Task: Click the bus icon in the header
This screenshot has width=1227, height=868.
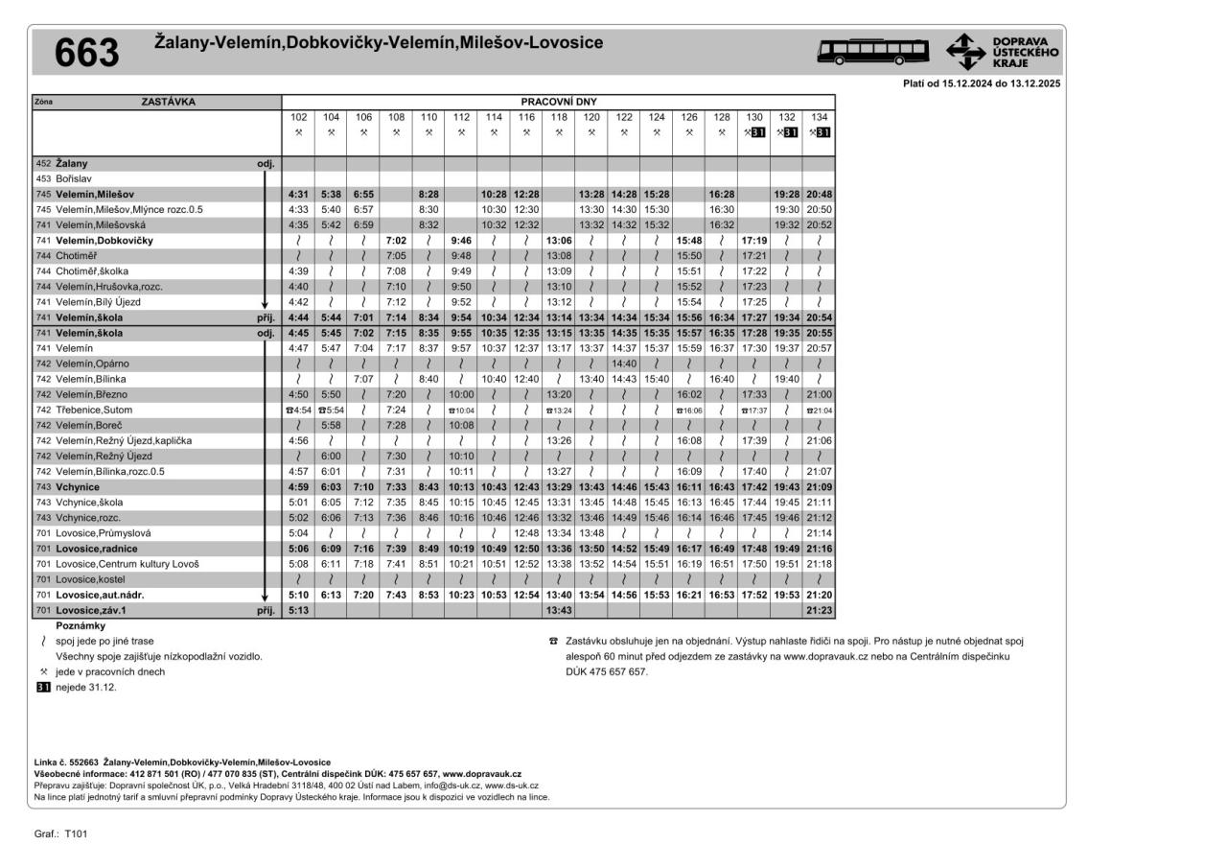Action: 872,51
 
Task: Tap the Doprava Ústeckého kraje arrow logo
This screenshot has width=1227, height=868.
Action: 965,51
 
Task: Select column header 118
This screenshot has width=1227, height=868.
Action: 558,117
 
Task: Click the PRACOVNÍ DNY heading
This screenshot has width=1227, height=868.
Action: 558,101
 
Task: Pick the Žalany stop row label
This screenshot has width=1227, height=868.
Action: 71,163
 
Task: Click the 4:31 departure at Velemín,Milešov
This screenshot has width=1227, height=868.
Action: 298,194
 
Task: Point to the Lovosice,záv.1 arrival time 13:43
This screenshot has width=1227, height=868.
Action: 558,610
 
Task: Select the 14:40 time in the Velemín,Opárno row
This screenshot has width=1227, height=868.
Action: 623,364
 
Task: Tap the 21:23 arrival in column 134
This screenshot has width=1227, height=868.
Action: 819,610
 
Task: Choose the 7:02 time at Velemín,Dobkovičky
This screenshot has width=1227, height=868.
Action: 396,240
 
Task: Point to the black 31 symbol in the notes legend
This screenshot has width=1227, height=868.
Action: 42,688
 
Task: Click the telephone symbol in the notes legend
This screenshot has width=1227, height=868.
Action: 553,641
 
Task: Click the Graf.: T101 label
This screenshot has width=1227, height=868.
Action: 60,834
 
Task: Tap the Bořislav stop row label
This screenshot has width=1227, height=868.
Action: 74,178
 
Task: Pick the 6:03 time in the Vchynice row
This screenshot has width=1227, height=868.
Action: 331,486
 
